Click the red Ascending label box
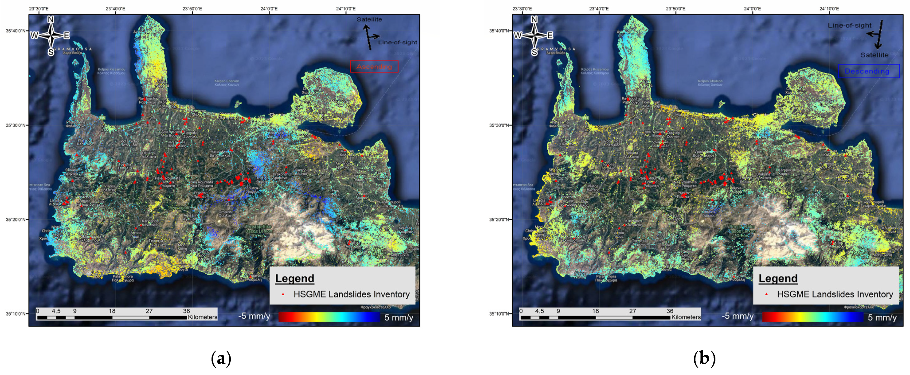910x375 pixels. tap(374, 67)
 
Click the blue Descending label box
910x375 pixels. tap(868, 71)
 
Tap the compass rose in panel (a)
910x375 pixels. tap(51, 35)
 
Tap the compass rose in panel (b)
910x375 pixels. tap(534, 35)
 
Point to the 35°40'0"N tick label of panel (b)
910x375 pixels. tap(498, 31)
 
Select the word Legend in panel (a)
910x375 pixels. tap(295, 279)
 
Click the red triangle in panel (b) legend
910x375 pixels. tap(766, 294)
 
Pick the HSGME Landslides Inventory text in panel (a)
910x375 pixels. tap(351, 294)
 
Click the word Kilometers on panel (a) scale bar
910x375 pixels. tap(202, 317)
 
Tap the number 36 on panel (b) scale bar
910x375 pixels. tap(670, 311)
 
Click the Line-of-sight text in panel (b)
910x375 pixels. tap(850, 25)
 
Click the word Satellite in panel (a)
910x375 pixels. tap(369, 19)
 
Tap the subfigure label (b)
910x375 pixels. tap(704, 358)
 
